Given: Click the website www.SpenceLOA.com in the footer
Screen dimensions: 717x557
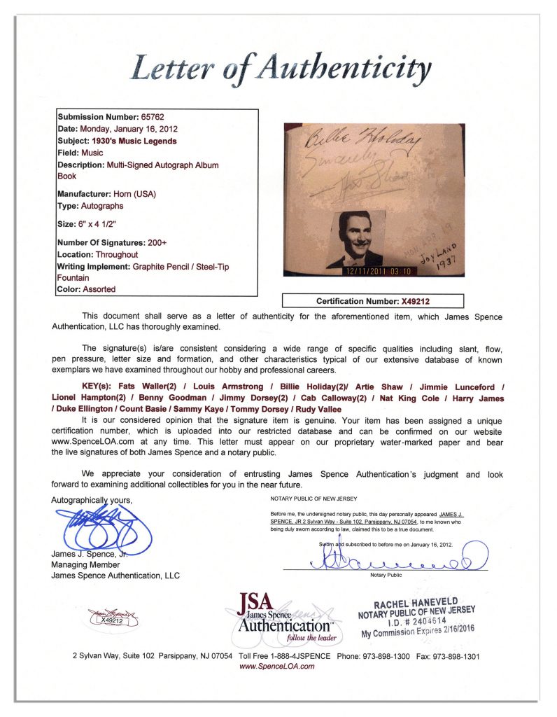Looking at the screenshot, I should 277,667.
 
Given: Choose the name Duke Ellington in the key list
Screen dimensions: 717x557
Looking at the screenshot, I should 87,410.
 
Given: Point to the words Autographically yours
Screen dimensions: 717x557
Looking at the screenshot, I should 91,500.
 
